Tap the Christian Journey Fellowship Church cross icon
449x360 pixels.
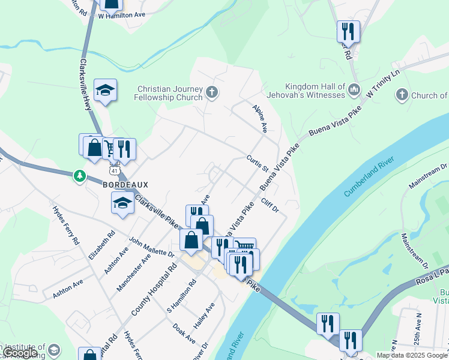(211, 92)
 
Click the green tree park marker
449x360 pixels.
(79, 176)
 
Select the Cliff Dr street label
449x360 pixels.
(271, 205)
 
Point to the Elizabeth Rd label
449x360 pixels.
(102, 244)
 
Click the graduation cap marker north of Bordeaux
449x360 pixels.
(106, 91)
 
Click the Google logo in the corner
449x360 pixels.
(20, 353)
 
